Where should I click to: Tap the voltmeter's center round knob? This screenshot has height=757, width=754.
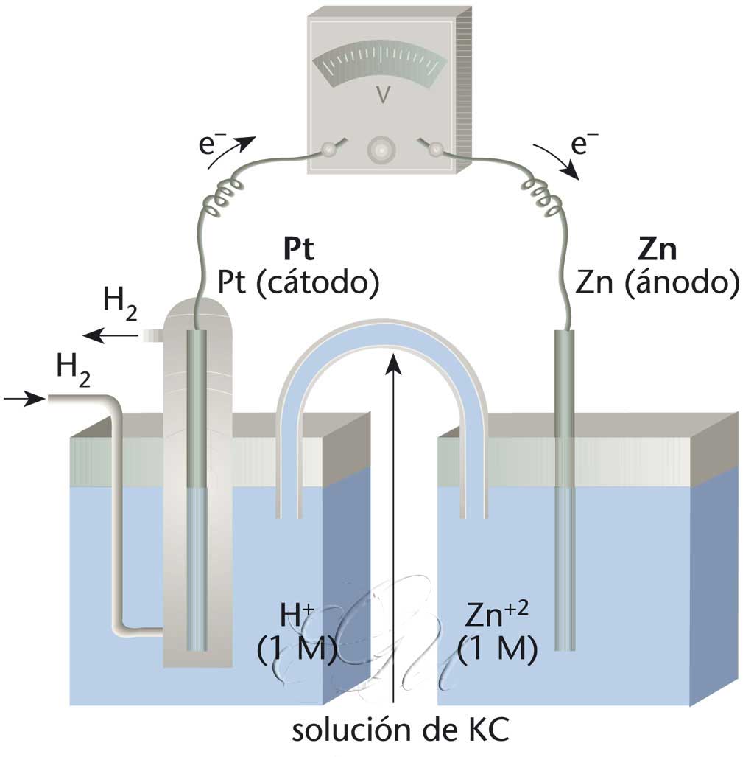tap(381, 150)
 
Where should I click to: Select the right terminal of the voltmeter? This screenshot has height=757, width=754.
tap(436, 150)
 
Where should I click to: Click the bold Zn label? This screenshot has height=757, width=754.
tap(658, 251)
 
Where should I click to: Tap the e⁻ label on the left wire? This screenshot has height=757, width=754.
tap(220, 144)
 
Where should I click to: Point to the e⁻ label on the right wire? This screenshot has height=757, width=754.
tap(582, 144)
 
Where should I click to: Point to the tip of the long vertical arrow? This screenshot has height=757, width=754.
tap(395, 357)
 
